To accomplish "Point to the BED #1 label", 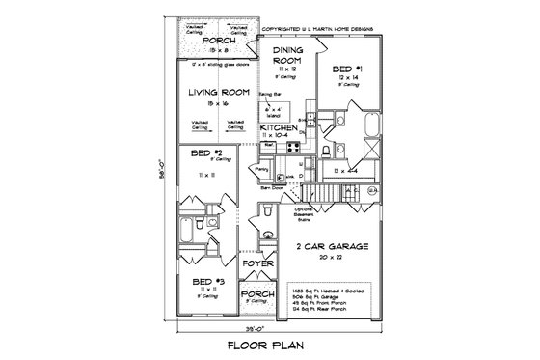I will [x=345, y=70].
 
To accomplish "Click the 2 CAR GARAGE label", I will [x=335, y=247].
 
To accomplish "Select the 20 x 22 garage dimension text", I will [x=335, y=258].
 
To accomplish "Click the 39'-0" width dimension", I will [x=271, y=326].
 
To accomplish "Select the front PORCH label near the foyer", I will [x=257, y=294].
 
